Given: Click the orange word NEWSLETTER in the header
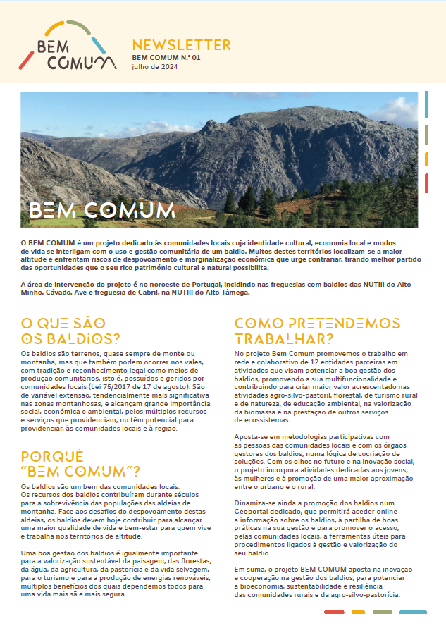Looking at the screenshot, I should point(181,45).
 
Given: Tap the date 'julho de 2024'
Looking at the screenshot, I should point(155,67).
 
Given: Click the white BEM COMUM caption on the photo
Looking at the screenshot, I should point(102,210).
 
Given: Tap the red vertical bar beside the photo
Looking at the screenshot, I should point(426,183).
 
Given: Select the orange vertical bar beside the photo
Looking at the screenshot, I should point(426,159).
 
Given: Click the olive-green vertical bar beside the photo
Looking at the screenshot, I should point(426,134).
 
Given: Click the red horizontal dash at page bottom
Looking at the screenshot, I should point(334,613).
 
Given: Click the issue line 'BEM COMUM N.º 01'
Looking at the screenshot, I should point(166,57).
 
